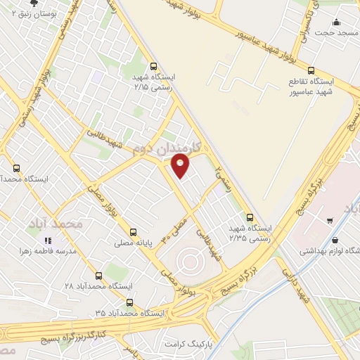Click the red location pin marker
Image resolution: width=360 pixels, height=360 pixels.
[x=181, y=165]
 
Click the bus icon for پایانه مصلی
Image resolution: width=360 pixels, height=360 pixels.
[x=134, y=232]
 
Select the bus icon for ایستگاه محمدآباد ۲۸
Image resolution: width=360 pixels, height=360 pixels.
[x=98, y=275]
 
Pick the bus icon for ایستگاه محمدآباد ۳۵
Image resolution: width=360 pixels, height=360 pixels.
[x=129, y=302]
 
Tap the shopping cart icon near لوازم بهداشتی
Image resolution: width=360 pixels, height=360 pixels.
[x=329, y=220]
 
